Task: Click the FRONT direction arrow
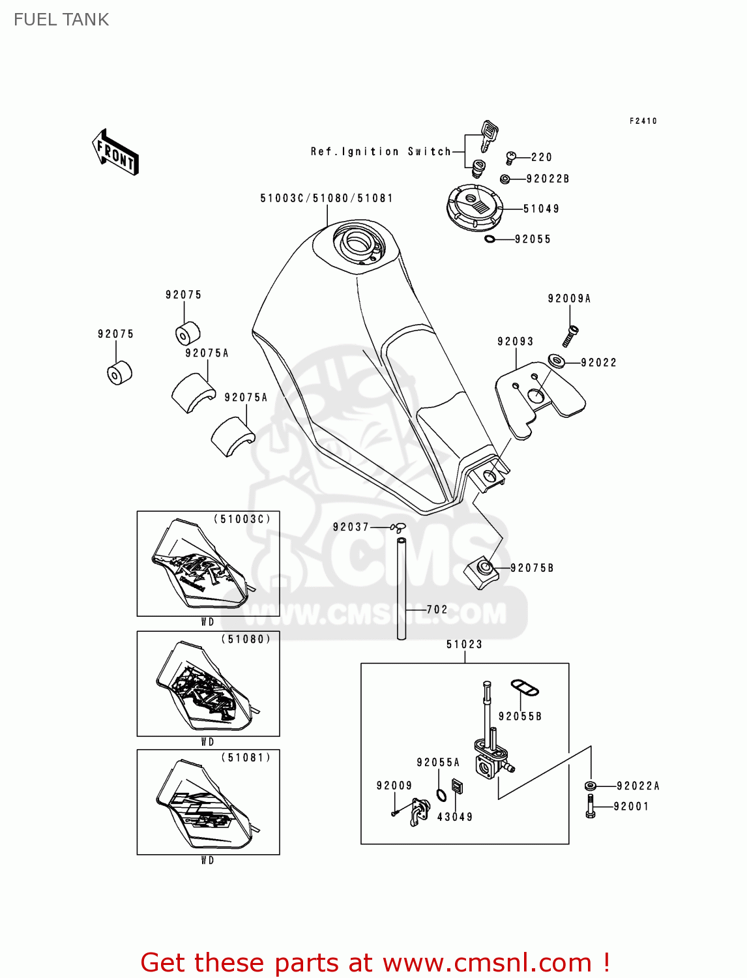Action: click(x=115, y=152)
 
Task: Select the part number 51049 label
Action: click(x=541, y=209)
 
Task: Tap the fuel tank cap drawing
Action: click(x=475, y=207)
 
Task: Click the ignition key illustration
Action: click(x=488, y=135)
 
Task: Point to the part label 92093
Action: click(x=515, y=342)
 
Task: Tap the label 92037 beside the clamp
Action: click(x=351, y=527)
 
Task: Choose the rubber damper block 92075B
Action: click(x=482, y=572)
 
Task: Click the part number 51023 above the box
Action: click(x=464, y=645)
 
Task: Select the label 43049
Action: click(x=454, y=817)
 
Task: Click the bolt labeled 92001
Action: click(x=591, y=807)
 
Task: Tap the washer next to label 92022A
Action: click(x=591, y=786)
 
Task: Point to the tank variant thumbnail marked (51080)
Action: click(x=208, y=684)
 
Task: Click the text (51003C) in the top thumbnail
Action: click(x=242, y=520)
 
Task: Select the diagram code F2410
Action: click(x=643, y=121)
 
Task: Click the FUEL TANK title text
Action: click(x=61, y=20)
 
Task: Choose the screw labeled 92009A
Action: click(x=570, y=336)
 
